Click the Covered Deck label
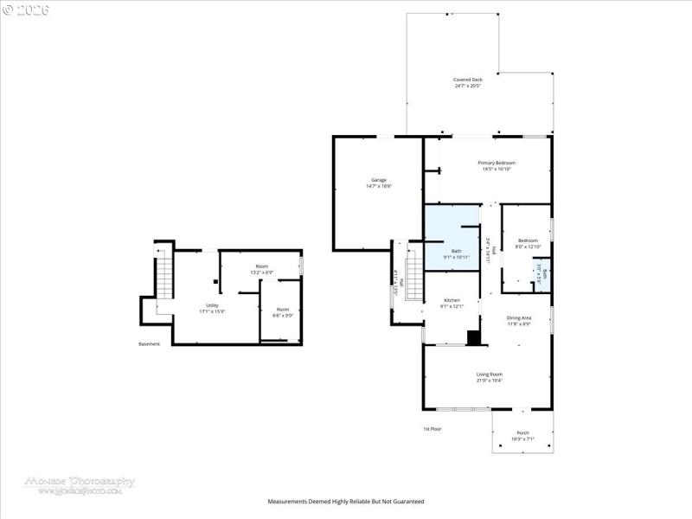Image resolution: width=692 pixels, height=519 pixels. [x=468, y=80]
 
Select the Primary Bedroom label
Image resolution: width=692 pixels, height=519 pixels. [x=497, y=163]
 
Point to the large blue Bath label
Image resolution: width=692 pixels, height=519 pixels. [x=457, y=251]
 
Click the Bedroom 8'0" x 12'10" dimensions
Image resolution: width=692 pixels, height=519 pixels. [x=528, y=247]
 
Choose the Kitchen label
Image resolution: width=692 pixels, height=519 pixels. [x=452, y=299]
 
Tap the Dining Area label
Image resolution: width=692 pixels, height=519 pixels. [x=519, y=317]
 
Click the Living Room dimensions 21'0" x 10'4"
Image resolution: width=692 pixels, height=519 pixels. [x=490, y=381]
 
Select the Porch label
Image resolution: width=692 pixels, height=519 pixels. [x=522, y=432]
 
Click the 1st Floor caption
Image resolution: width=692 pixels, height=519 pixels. [x=432, y=429]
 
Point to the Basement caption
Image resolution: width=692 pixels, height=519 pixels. [x=149, y=344]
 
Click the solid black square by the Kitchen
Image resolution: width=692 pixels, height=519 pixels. [x=473, y=338]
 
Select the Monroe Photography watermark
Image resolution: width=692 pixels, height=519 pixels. [x=80, y=482]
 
